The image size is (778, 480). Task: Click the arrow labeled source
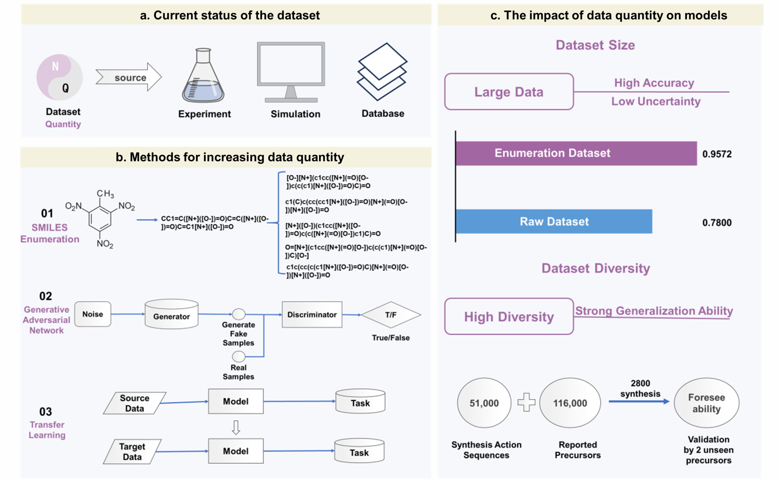[x=129, y=77]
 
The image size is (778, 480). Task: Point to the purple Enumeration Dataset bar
[x=576, y=153]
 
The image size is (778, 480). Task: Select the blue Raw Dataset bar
[x=554, y=222]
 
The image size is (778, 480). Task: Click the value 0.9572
[x=716, y=154]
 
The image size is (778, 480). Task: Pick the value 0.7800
[x=716, y=223]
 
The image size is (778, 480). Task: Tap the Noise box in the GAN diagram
[x=93, y=314]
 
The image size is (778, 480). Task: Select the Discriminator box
[x=312, y=315]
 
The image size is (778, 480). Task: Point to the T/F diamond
[x=391, y=315]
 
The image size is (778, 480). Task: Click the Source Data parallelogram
[x=135, y=403]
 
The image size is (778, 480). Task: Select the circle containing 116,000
[x=570, y=403]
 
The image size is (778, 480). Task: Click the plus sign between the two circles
[x=526, y=402]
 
